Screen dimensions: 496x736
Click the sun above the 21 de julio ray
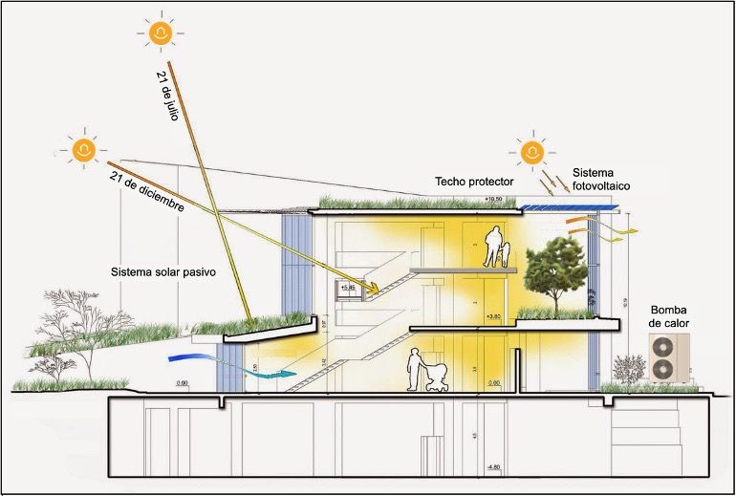coord(161,34)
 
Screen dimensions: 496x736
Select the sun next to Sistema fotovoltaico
coord(531,151)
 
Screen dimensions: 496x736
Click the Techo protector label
coord(474,181)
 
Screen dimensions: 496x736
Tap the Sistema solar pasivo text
coord(162,271)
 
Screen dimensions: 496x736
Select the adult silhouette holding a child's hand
coord(493,246)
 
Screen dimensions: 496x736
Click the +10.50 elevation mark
coord(493,199)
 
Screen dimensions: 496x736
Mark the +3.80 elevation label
coord(493,316)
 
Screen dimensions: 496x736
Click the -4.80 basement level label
coord(493,467)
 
